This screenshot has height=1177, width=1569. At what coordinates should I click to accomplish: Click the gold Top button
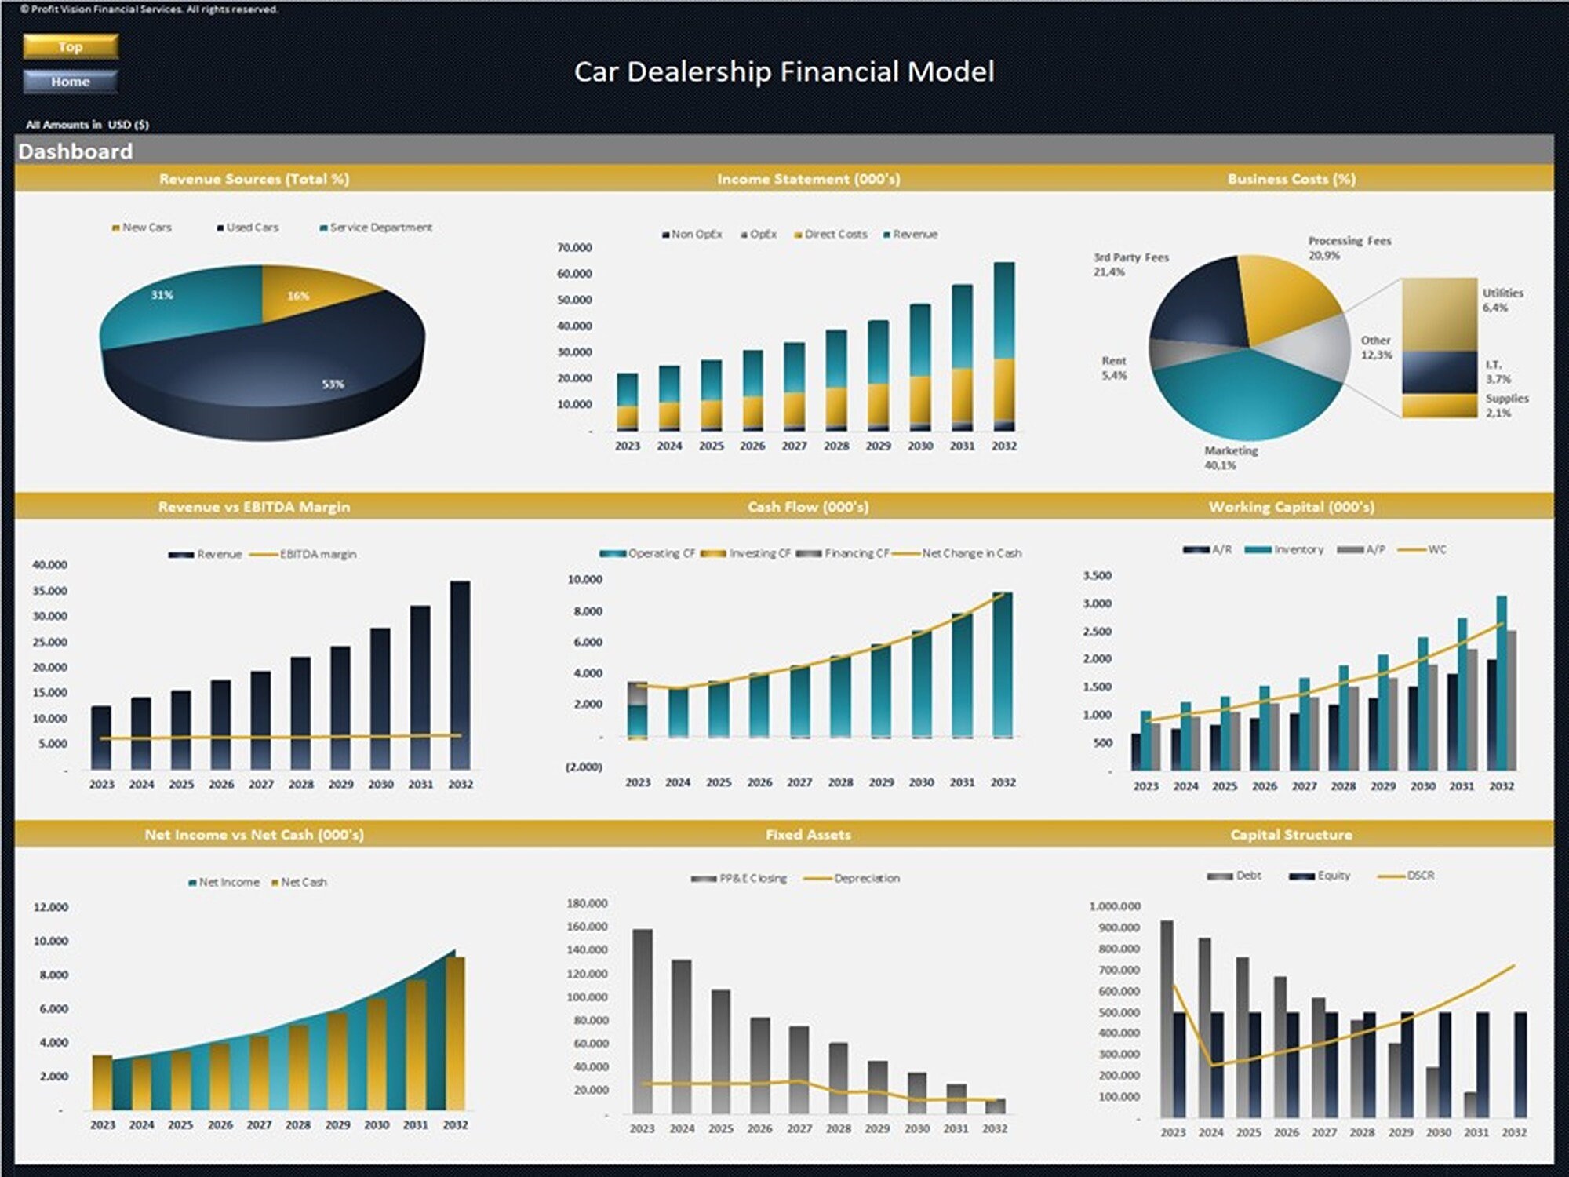click(x=71, y=46)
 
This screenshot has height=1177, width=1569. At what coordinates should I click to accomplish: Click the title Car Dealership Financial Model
click(x=784, y=71)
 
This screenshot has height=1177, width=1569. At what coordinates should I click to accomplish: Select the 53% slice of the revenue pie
click(x=314, y=369)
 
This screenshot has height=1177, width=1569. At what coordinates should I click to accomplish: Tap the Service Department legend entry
click(x=376, y=228)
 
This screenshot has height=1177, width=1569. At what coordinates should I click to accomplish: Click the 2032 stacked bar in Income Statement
click(x=1004, y=345)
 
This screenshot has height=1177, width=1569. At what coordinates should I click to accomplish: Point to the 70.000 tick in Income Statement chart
click(x=574, y=248)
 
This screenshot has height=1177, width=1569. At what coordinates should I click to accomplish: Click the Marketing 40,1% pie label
click(x=1231, y=457)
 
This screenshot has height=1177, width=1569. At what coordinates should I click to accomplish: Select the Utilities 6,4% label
click(x=1502, y=300)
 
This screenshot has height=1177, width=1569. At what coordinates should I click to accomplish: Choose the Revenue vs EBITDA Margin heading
click(x=254, y=507)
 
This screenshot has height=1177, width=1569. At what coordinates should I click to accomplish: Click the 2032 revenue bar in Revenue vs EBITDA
click(x=461, y=675)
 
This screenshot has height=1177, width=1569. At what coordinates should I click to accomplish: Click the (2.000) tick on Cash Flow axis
click(x=584, y=767)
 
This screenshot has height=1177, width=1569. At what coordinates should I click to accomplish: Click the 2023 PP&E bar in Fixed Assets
click(x=643, y=1020)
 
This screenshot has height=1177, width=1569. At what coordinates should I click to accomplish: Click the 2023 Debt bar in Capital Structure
click(x=1167, y=1020)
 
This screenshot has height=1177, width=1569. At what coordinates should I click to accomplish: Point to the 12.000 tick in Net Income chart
click(x=51, y=907)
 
